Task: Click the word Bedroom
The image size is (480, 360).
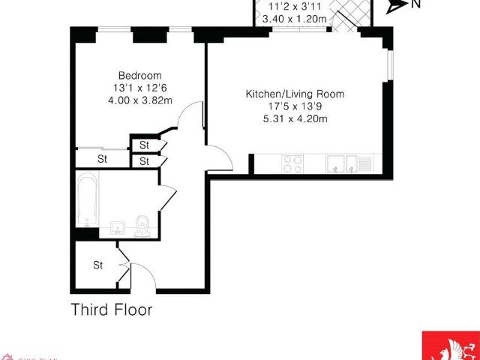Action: click(x=139, y=75)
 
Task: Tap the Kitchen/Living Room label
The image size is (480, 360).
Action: click(x=295, y=94)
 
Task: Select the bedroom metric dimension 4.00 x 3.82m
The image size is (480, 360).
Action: click(x=139, y=100)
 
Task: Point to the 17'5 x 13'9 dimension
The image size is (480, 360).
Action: click(x=295, y=106)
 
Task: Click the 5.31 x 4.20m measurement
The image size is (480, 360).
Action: click(x=295, y=118)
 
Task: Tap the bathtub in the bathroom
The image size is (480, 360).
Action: click(x=86, y=200)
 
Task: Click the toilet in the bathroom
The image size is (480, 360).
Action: click(x=142, y=224)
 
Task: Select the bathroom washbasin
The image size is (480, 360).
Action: click(x=118, y=227)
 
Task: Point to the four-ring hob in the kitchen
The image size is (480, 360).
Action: click(x=292, y=163)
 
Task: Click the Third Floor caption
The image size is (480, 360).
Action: click(x=111, y=308)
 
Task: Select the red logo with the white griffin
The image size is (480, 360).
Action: click(x=450, y=346)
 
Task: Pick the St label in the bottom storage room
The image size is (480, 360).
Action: click(x=97, y=265)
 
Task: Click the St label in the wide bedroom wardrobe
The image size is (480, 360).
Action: click(x=102, y=158)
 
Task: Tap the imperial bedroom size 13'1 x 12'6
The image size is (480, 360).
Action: click(x=139, y=88)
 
